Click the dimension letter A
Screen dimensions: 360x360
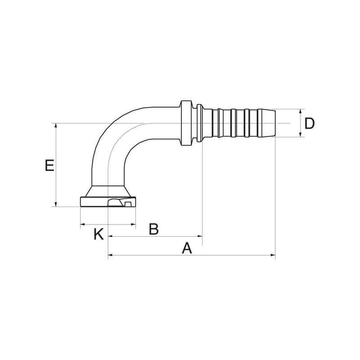pos(187,248)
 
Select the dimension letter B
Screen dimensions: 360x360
pos(153,229)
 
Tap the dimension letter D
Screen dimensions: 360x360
pos(309,123)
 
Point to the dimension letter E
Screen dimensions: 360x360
pos(49,166)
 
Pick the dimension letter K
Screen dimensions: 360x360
pos(99,234)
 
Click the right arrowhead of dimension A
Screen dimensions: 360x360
pos(273,255)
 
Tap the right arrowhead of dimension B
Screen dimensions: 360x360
pos(200,236)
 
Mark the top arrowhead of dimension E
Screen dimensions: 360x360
pos(56,126)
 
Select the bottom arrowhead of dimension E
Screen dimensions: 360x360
pos(56,204)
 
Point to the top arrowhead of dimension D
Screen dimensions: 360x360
pos(301,112)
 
